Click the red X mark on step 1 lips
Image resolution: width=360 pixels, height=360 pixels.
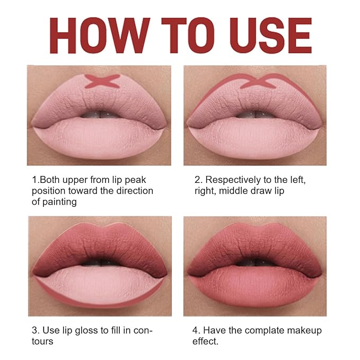point(102,81)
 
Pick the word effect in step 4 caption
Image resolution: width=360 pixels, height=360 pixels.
point(204,341)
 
